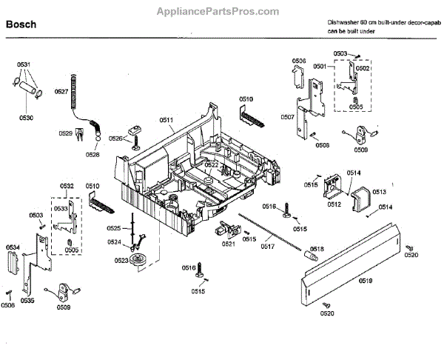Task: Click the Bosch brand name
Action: point(21,24)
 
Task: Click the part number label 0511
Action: point(166,120)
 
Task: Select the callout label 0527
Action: point(61,91)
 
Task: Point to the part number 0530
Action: point(27,118)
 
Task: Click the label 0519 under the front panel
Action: point(366,281)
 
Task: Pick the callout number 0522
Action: point(212,164)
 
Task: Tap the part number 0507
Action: point(288,117)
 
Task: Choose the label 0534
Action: point(13,247)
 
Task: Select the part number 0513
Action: point(379,191)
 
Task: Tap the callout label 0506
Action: point(299,61)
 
